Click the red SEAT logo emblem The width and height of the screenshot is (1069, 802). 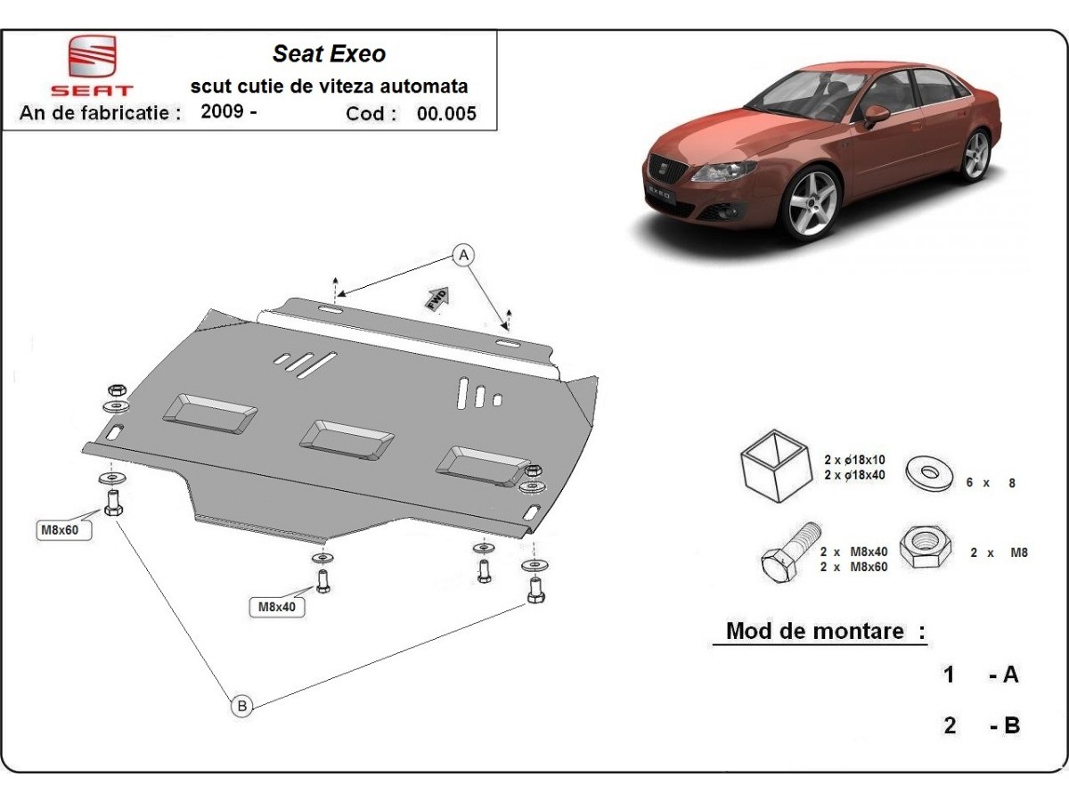[93, 59]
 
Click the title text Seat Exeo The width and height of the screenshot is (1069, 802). [329, 53]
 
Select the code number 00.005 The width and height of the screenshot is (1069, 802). [453, 113]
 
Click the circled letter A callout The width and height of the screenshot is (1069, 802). [462, 256]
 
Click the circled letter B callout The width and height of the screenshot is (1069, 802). [241, 706]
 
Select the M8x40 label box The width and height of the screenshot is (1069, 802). [276, 608]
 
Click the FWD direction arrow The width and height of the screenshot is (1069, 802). [437, 298]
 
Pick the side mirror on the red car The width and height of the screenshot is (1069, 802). [876, 114]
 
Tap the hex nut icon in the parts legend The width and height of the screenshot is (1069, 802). [926, 546]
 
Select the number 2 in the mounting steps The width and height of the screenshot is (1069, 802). [950, 725]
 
